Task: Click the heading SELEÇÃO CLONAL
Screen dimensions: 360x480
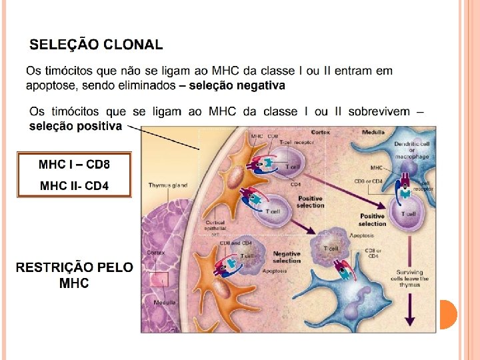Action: (96, 45)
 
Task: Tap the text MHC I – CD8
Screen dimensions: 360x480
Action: (74, 164)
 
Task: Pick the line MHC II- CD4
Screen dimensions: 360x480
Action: (74, 185)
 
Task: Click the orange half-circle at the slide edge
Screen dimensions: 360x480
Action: (449, 314)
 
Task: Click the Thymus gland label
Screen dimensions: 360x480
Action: (167, 185)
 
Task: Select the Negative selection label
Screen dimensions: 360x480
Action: (287, 257)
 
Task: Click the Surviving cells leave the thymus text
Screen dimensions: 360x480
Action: (413, 278)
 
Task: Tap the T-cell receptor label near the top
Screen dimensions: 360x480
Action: (297, 142)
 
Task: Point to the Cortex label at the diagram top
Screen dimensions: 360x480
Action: (320, 133)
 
